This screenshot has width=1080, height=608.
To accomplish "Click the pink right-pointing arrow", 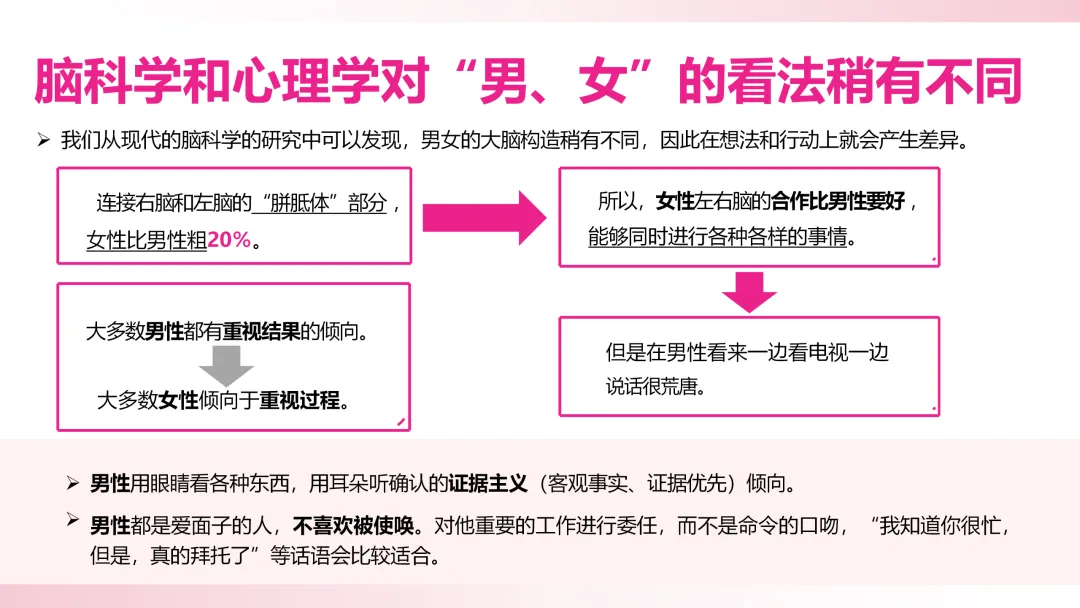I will pos(483,216).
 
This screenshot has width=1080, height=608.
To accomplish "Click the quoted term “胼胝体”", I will pos(298,203).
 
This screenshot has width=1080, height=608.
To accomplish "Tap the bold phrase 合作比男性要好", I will pos(839,201).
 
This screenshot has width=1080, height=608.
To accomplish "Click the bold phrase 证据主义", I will pos(487,484).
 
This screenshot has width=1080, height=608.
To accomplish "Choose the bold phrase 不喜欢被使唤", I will pos(356,523).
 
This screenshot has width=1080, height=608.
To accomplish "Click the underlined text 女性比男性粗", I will pos(147,241).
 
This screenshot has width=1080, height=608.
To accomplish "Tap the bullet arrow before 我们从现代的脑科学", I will pos(43,139).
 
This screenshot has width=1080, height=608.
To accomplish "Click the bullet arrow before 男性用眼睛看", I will pos(72,484).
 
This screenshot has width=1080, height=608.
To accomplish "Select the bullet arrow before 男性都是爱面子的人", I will pos(72,521).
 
